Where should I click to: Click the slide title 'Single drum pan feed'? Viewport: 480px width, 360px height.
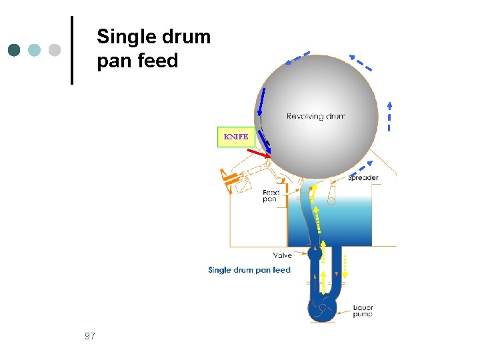[x=153, y=49]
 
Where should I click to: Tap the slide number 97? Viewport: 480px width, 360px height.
[x=90, y=336]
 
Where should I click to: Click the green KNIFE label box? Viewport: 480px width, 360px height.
[x=236, y=137]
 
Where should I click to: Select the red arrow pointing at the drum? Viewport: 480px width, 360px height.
[x=259, y=154]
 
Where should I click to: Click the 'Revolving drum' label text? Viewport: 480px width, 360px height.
[x=315, y=116]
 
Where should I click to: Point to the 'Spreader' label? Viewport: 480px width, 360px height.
[x=363, y=177]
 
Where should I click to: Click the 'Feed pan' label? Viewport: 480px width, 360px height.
[x=271, y=196]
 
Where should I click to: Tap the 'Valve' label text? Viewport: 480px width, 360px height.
[x=282, y=255]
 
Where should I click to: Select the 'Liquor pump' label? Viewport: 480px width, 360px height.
[x=363, y=311]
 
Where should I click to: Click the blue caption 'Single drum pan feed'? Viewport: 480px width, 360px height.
[x=249, y=270]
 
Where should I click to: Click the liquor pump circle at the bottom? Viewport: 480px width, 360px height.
[x=322, y=309]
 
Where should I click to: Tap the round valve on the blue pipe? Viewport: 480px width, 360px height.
[x=315, y=254]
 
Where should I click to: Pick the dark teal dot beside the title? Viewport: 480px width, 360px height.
[x=15, y=50]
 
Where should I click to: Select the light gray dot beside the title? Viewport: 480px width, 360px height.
[x=55, y=50]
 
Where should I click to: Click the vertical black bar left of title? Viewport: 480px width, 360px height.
[x=71, y=50]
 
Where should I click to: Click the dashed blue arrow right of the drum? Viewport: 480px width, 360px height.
[x=389, y=117]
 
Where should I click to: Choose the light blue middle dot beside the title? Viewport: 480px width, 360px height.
[x=35, y=50]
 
